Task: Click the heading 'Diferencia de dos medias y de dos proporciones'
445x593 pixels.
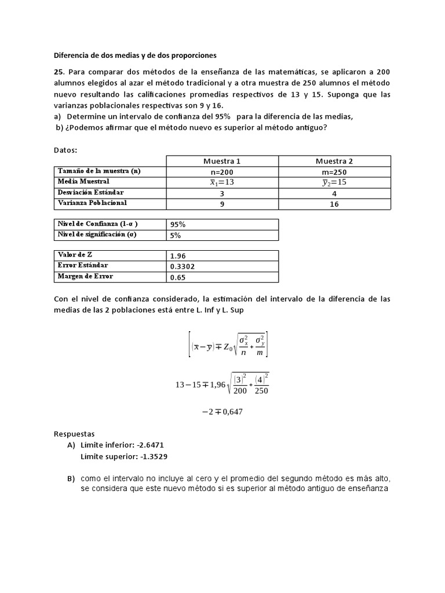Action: point(134,56)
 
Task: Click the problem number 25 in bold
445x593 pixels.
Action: point(59,72)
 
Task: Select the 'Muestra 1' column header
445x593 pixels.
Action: point(222,160)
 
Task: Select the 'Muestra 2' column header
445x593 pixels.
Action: point(334,160)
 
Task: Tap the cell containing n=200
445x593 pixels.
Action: point(222,171)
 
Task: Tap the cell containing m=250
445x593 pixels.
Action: point(334,171)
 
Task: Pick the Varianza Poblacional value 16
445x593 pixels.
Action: point(334,204)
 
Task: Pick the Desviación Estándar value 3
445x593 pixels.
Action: point(222,193)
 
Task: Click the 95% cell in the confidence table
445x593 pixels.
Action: point(178,224)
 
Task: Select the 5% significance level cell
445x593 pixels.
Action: point(176,235)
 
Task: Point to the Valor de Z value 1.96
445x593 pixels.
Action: point(178,255)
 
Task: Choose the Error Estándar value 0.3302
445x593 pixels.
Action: point(182,266)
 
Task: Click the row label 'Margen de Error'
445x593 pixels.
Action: point(85,276)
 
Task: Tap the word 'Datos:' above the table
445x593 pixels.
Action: point(65,150)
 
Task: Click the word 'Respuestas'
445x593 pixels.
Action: point(74,433)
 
